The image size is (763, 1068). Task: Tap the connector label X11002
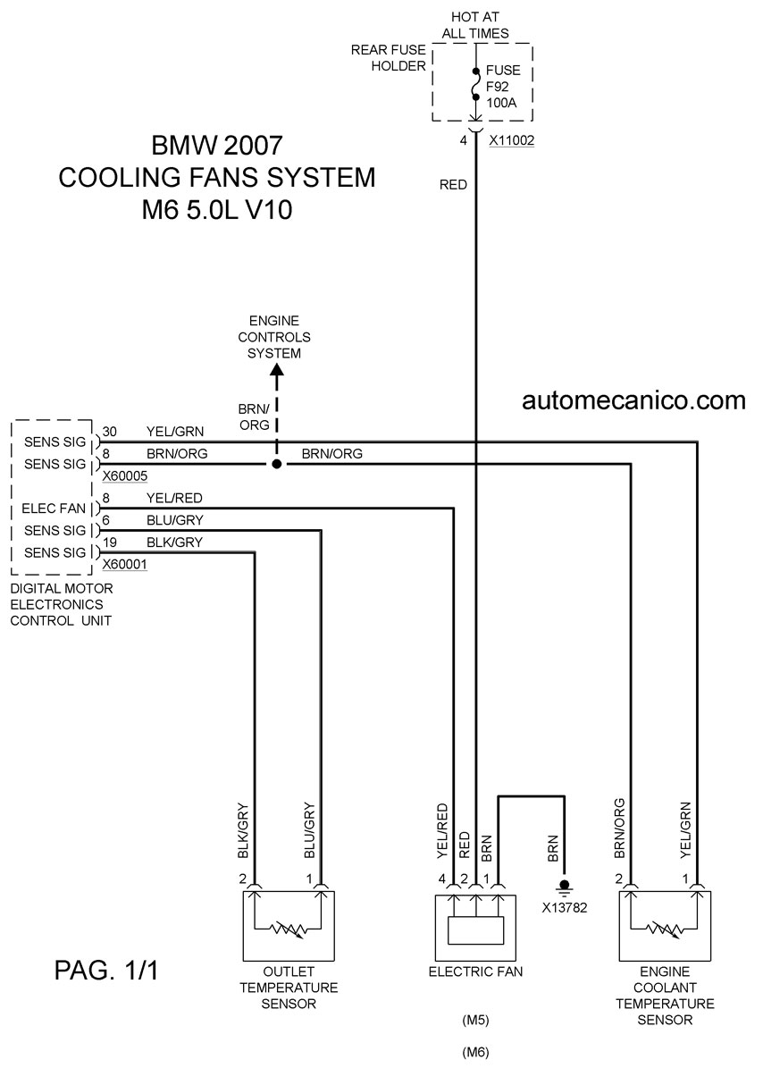pyautogui.click(x=512, y=140)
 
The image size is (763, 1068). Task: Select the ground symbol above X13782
pyautogui.click(x=564, y=887)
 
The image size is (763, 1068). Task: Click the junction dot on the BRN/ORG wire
pyautogui.click(x=276, y=464)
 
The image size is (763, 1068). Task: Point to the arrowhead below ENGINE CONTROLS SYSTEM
pyautogui.click(x=277, y=371)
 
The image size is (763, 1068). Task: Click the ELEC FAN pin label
pyautogui.click(x=54, y=509)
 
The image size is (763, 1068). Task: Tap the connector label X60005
pyautogui.click(x=124, y=476)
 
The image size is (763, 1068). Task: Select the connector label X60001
pyautogui.click(x=124, y=564)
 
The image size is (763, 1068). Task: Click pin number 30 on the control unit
pyautogui.click(x=110, y=431)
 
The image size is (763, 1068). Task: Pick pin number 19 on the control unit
pyautogui.click(x=109, y=542)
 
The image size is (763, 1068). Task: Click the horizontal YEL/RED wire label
pyautogui.click(x=174, y=498)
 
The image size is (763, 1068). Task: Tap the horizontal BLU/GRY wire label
pyautogui.click(x=175, y=519)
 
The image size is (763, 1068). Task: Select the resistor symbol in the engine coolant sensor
pyautogui.click(x=665, y=928)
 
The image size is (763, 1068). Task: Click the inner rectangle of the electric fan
pyautogui.click(x=476, y=930)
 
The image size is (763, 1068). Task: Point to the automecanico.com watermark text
pyautogui.click(x=633, y=399)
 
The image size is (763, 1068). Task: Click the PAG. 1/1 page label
pyautogui.click(x=106, y=969)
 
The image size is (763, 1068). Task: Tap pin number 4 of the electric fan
pyautogui.click(x=441, y=879)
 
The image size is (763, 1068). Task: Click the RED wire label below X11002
pyautogui.click(x=453, y=185)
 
